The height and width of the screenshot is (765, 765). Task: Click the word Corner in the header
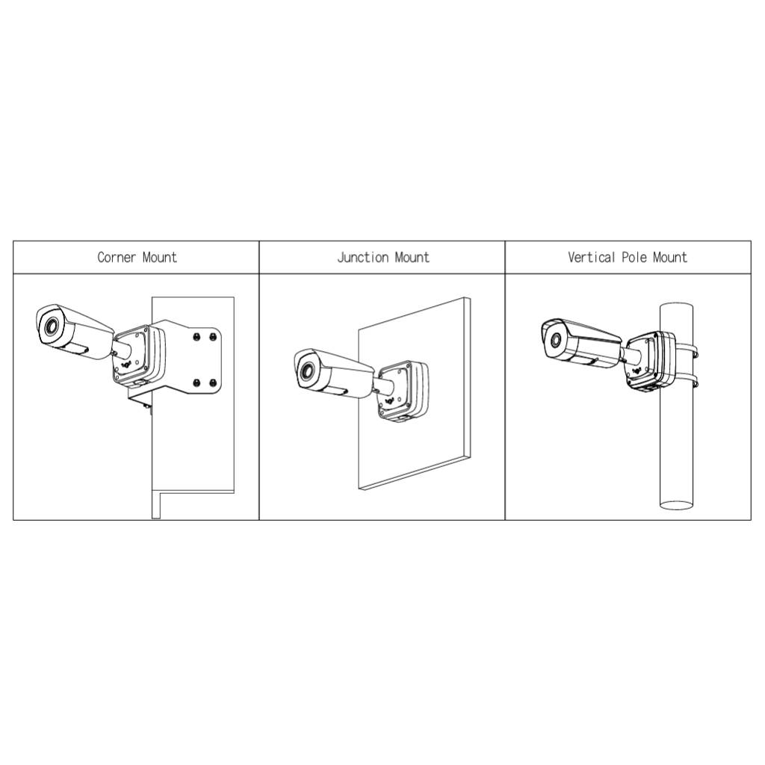(117, 258)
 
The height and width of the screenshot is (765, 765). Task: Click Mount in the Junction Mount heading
(412, 258)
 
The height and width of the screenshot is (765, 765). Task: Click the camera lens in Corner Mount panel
(51, 326)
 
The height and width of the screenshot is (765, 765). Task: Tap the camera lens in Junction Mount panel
(306, 370)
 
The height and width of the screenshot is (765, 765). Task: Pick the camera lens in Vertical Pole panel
(555, 340)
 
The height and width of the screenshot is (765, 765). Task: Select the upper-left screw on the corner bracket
(196, 337)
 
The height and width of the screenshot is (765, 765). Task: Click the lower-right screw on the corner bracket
(213, 383)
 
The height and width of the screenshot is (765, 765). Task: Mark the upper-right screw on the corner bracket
(213, 337)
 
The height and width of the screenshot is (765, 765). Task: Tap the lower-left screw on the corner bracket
(196, 383)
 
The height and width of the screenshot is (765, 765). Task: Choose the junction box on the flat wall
(403, 391)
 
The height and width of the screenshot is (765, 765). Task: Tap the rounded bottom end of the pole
(677, 505)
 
